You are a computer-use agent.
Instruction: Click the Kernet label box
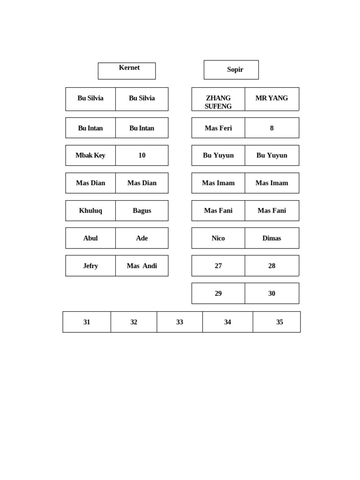(x=127, y=71)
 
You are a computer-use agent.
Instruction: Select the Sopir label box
(x=231, y=70)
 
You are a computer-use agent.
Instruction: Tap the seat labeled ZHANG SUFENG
(x=218, y=99)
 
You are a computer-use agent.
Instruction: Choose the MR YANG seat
(x=272, y=99)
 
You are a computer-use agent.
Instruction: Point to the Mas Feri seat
(x=218, y=128)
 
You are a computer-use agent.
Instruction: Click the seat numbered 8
(x=272, y=128)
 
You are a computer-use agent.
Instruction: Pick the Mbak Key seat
(x=90, y=156)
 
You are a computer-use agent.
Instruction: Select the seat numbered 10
(x=142, y=156)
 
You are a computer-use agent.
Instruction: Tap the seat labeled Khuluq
(x=90, y=211)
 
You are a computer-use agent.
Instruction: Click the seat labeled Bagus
(x=142, y=211)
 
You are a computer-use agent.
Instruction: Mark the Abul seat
(x=90, y=238)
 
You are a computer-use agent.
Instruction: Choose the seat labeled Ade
(x=142, y=238)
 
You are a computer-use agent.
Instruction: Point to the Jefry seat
(x=90, y=266)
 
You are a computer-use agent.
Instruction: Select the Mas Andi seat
(x=142, y=266)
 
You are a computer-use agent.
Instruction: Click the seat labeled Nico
(x=218, y=238)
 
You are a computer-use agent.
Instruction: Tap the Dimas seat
(x=272, y=238)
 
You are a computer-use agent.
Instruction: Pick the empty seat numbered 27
(x=218, y=266)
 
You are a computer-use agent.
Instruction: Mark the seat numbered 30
(x=272, y=293)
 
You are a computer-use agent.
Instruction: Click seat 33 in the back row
(x=180, y=322)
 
